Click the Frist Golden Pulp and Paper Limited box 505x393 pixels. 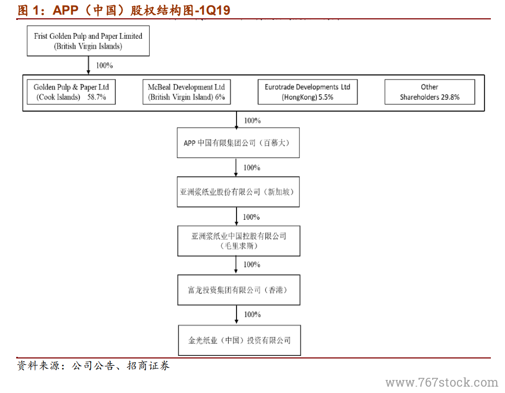tap(88, 41)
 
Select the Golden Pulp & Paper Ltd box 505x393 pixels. tap(71, 92)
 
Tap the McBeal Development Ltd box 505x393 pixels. tap(186, 92)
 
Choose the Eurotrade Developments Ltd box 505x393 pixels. tap(308, 92)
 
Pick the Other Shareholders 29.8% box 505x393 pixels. tap(430, 92)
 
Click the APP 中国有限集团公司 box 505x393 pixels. tap(238, 143)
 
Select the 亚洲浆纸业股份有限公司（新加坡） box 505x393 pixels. tap(238, 192)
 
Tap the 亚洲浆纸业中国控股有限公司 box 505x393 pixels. tap(239, 241)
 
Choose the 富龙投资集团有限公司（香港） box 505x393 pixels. tap(239, 290)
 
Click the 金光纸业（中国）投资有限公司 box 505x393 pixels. tap(239, 340)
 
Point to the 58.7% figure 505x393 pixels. tap(97, 97)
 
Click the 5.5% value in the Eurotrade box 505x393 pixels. tap(326, 97)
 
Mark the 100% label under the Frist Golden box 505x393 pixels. tap(104, 65)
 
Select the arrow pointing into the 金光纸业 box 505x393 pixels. tap(237, 315)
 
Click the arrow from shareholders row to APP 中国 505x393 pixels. tap(237, 120)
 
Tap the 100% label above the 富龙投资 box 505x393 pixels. tap(252, 264)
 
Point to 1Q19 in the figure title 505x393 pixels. tap(214, 10)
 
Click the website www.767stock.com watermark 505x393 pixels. tap(442, 383)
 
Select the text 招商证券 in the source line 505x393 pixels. tap(148, 366)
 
